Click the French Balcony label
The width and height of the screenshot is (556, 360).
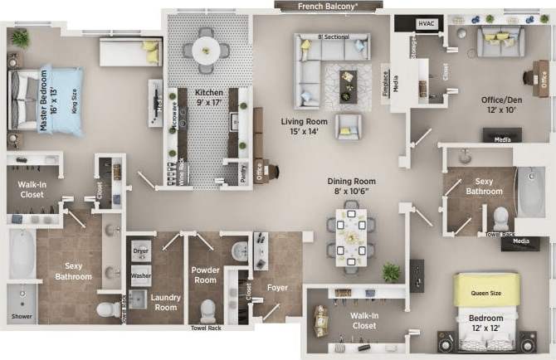pyautogui.click(x=328, y=6)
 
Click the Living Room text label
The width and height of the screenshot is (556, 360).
pyautogui.click(x=305, y=126)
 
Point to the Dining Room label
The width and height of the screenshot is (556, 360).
pyautogui.click(x=353, y=186)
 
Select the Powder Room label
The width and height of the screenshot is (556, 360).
pyautogui.click(x=205, y=275)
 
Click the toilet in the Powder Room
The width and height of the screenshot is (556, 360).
pyautogui.click(x=207, y=310)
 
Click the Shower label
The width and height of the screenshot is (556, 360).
pyautogui.click(x=22, y=318)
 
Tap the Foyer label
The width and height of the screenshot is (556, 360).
pyautogui.click(x=276, y=289)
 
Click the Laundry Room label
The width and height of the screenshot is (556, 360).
pyautogui.click(x=166, y=303)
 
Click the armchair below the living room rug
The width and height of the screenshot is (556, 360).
pyautogui.click(x=349, y=126)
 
